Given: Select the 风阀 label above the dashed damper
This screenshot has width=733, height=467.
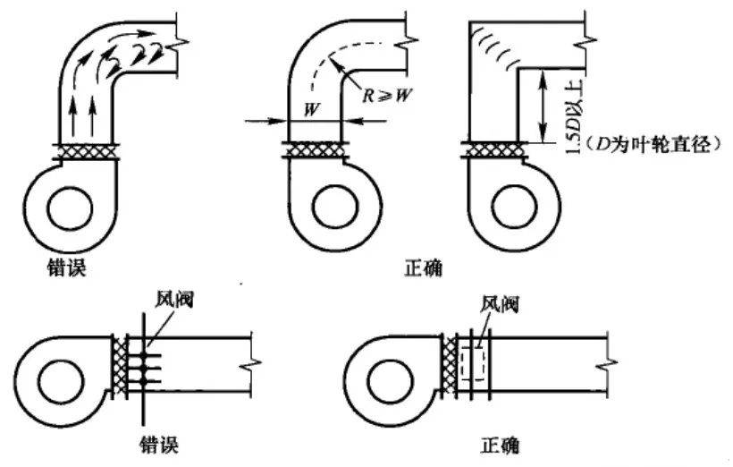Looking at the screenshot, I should pyautogui.click(x=500, y=305).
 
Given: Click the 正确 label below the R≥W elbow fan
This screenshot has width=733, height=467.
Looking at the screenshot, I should pyautogui.click(x=421, y=266).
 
